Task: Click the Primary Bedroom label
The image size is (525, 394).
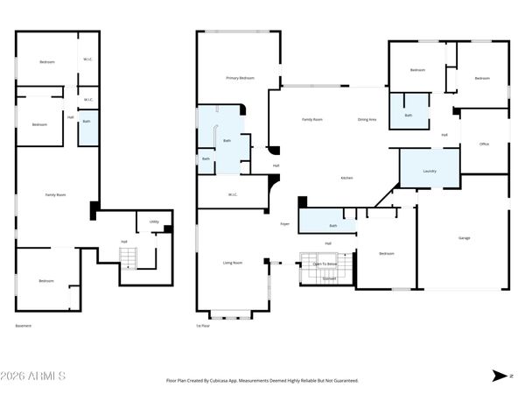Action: point(240,79)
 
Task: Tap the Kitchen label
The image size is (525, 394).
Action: point(346,178)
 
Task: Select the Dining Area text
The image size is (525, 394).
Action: point(367,119)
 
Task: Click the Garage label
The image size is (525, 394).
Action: point(465,238)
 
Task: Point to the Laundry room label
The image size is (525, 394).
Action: point(429,171)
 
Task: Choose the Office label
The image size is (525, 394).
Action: point(484,144)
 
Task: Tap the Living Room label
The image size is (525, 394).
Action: point(232,263)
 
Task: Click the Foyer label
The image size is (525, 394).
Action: point(284,224)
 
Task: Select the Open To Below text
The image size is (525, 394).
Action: point(325,263)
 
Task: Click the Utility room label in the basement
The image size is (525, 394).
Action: point(154,222)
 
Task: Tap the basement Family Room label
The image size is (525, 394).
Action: point(55,194)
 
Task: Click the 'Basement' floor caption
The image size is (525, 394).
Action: point(24,326)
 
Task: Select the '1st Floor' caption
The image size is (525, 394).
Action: point(203,326)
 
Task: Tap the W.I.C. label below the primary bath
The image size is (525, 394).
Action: point(234,194)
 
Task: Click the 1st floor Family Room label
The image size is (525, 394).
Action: point(312,119)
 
